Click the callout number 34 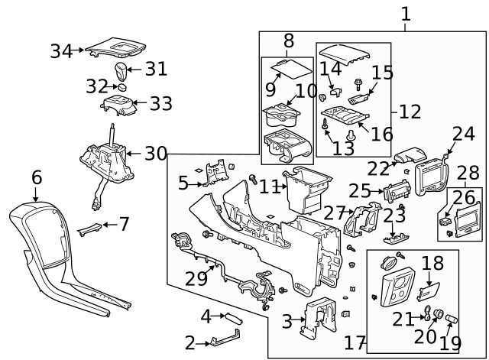(61, 51)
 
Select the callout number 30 (156, 154)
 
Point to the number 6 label (36, 177)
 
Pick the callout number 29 (196, 278)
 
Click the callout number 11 (267, 185)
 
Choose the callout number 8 (288, 40)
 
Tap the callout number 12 (410, 112)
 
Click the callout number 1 (406, 14)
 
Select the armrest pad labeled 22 (416, 154)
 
